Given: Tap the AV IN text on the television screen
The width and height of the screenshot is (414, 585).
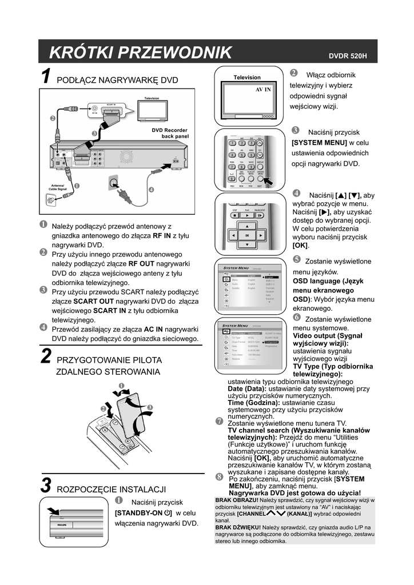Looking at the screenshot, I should coord(262,90).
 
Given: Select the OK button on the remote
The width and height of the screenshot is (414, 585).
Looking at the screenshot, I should coord(247,235).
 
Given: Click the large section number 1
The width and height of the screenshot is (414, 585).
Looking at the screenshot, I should coord(46,78).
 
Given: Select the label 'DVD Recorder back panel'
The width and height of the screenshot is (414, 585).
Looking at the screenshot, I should coord(170,133).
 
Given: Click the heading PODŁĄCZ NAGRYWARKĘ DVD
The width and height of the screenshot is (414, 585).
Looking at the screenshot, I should coord(117,80).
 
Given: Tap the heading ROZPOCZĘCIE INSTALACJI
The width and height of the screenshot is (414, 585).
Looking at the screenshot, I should coord(111,489).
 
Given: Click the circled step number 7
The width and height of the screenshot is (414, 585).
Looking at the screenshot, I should coord(219,422).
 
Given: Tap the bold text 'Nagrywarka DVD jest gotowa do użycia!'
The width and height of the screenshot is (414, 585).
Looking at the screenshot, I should coord(294,492).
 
